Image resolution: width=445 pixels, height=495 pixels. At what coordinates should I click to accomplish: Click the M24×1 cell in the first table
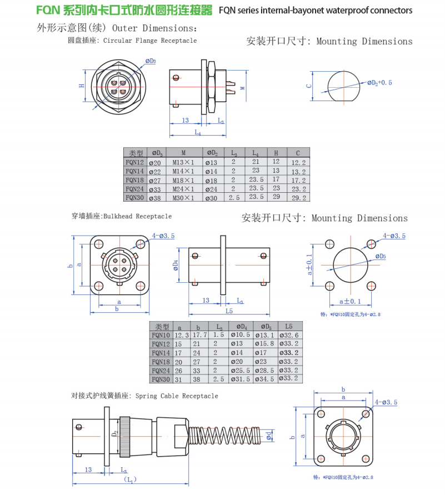pyautogui.click(x=183, y=189)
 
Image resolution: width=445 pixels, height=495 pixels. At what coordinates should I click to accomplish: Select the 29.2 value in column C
pyautogui.click(x=298, y=198)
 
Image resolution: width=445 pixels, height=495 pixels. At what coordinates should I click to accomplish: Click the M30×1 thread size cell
pyautogui.click(x=183, y=198)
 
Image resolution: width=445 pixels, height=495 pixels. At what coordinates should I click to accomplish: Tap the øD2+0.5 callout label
pyautogui.click(x=379, y=82)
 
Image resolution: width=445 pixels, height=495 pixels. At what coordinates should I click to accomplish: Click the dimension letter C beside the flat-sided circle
pyautogui.click(x=309, y=86)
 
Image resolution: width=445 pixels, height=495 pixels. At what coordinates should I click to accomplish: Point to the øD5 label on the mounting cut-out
pyautogui.click(x=379, y=256)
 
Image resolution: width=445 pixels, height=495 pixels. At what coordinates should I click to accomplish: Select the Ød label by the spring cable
pyautogui.click(x=268, y=436)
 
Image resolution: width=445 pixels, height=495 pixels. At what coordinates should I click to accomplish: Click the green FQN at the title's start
pyautogui.click(x=48, y=10)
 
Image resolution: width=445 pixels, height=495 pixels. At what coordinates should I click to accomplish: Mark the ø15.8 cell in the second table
pyautogui.click(x=264, y=344)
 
